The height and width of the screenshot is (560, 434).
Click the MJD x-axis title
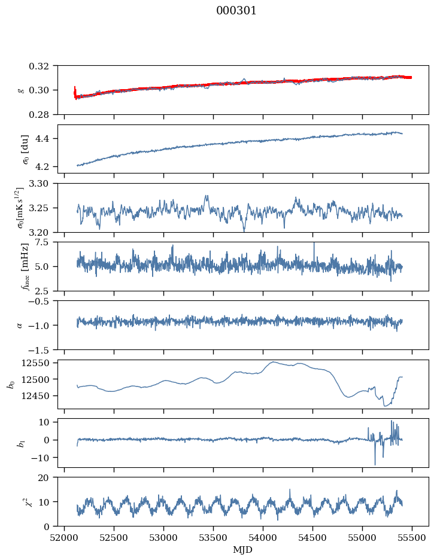pos(243,550)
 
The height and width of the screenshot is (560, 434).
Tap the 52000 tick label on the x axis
pos(65,537)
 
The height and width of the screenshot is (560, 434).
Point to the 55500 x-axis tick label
pos(412,537)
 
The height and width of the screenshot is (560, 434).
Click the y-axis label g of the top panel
pos(22,90)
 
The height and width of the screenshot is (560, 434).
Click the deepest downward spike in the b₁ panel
pos(375,464)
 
